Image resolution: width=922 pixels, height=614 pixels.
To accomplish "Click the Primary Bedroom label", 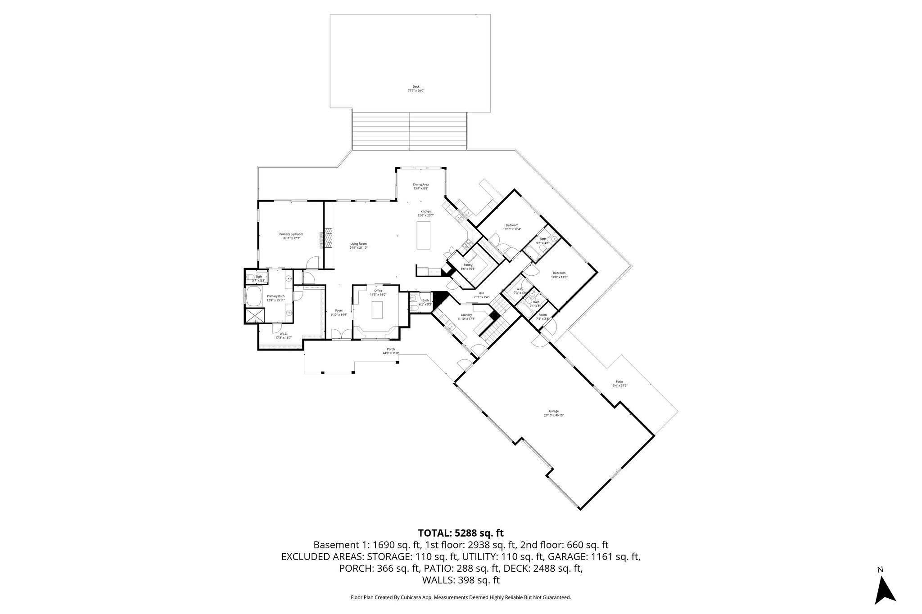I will pos(291,234).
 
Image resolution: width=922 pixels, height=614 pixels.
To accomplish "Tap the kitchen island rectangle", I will pos(423,235).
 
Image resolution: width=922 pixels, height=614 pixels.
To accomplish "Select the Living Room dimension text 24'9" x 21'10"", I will pos(359,247).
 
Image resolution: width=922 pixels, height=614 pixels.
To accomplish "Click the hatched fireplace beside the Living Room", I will pos(328,238).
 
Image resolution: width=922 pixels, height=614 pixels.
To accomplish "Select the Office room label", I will pos(378,291).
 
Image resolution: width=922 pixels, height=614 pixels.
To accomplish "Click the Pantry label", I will pos(468,265).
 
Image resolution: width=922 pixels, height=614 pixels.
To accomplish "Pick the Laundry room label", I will pos(466,315).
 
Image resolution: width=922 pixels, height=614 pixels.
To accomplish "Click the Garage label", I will pos(553,411).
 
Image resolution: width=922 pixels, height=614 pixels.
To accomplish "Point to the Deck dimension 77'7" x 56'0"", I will pos(416,90).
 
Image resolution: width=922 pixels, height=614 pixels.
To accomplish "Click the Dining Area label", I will pos(420,184).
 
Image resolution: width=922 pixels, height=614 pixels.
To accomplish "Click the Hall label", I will pos(481,293).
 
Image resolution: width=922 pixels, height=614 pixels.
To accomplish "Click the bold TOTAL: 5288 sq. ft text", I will pos(461,533).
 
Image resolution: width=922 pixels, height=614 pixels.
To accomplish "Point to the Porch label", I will pos(391,349).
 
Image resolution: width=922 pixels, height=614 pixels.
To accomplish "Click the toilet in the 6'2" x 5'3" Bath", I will pos(413,308).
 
